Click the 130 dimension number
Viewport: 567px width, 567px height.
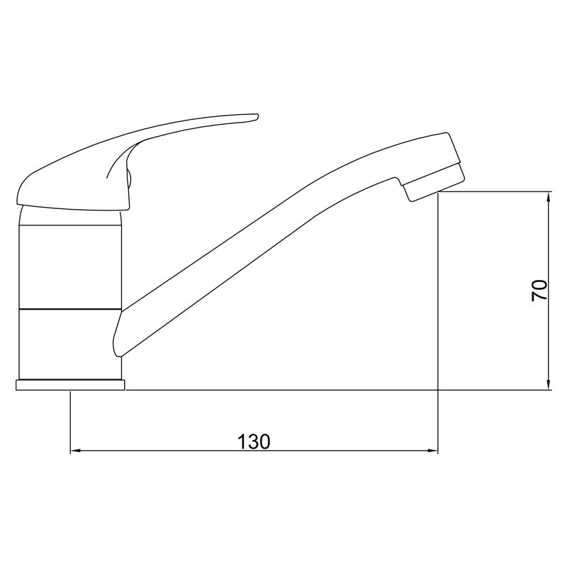pyautogui.click(x=254, y=441)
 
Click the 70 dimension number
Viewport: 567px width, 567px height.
pyautogui.click(x=539, y=291)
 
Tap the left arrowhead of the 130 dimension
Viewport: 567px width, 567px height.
pyautogui.click(x=75, y=451)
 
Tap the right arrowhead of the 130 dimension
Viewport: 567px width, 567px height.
pyautogui.click(x=433, y=451)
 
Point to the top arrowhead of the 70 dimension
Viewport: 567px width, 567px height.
pyautogui.click(x=549, y=198)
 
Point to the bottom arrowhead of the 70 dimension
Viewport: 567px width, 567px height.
pyautogui.click(x=549, y=385)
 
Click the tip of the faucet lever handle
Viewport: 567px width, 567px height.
pyautogui.click(x=258, y=116)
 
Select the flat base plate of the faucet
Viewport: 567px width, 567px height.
pyautogui.click(x=70, y=385)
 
